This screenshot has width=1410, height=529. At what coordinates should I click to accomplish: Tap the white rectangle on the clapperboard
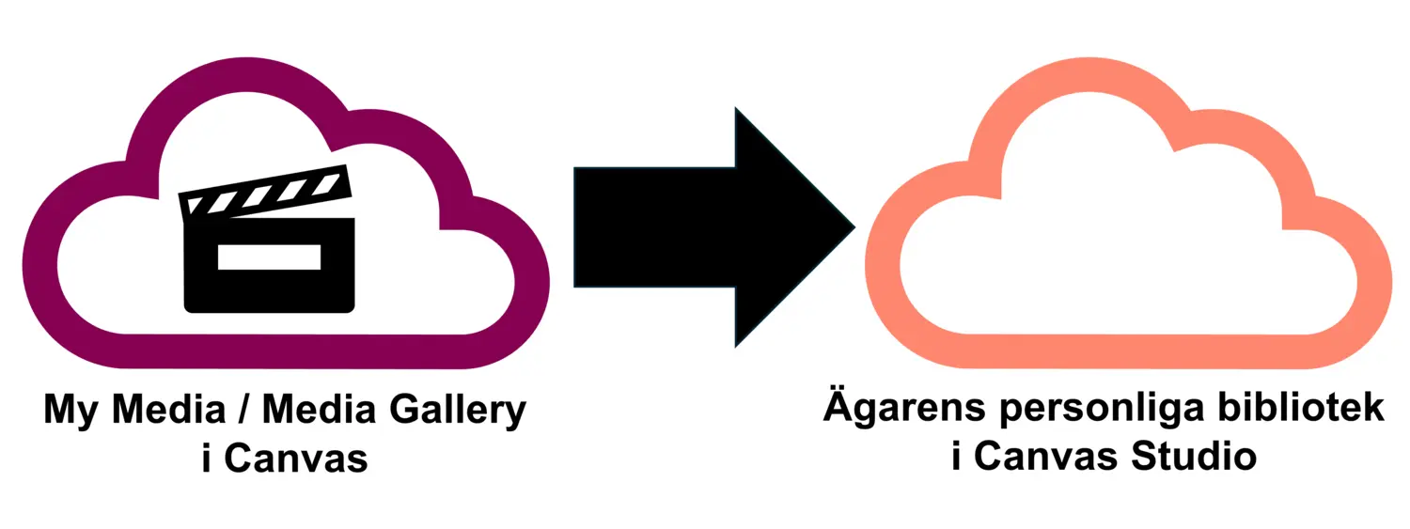(x=269, y=257)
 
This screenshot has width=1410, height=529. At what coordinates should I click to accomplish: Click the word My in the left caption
(x=72, y=414)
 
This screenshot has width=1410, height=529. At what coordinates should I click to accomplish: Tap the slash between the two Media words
(x=242, y=414)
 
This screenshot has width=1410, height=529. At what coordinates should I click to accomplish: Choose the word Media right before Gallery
(x=319, y=414)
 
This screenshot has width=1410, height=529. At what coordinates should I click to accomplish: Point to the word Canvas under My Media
(x=296, y=459)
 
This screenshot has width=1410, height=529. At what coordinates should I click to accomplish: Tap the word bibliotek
(x=1289, y=410)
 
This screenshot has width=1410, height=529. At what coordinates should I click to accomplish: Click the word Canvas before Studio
(x=1043, y=458)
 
